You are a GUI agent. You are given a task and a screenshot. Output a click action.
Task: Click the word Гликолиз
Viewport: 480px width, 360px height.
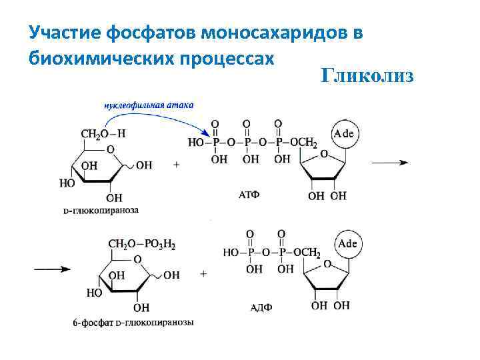(367, 75)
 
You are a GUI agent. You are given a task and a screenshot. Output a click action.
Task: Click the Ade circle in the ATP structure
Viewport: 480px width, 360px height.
(343, 134)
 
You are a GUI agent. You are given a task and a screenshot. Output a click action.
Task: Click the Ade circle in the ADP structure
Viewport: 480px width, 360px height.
(347, 244)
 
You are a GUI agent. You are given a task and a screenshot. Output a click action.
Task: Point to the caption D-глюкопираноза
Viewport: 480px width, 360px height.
(101, 210)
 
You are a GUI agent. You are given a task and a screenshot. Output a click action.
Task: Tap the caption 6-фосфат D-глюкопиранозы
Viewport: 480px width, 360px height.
(133, 323)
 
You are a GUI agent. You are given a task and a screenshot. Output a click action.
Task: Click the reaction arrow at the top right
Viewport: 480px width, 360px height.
(390, 162)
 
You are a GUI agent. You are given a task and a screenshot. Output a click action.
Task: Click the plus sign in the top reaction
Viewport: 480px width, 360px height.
(177, 164)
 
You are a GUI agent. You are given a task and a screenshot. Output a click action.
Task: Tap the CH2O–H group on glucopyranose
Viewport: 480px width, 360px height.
(103, 134)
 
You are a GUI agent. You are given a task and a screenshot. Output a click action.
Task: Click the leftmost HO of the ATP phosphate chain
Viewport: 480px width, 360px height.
(197, 142)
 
